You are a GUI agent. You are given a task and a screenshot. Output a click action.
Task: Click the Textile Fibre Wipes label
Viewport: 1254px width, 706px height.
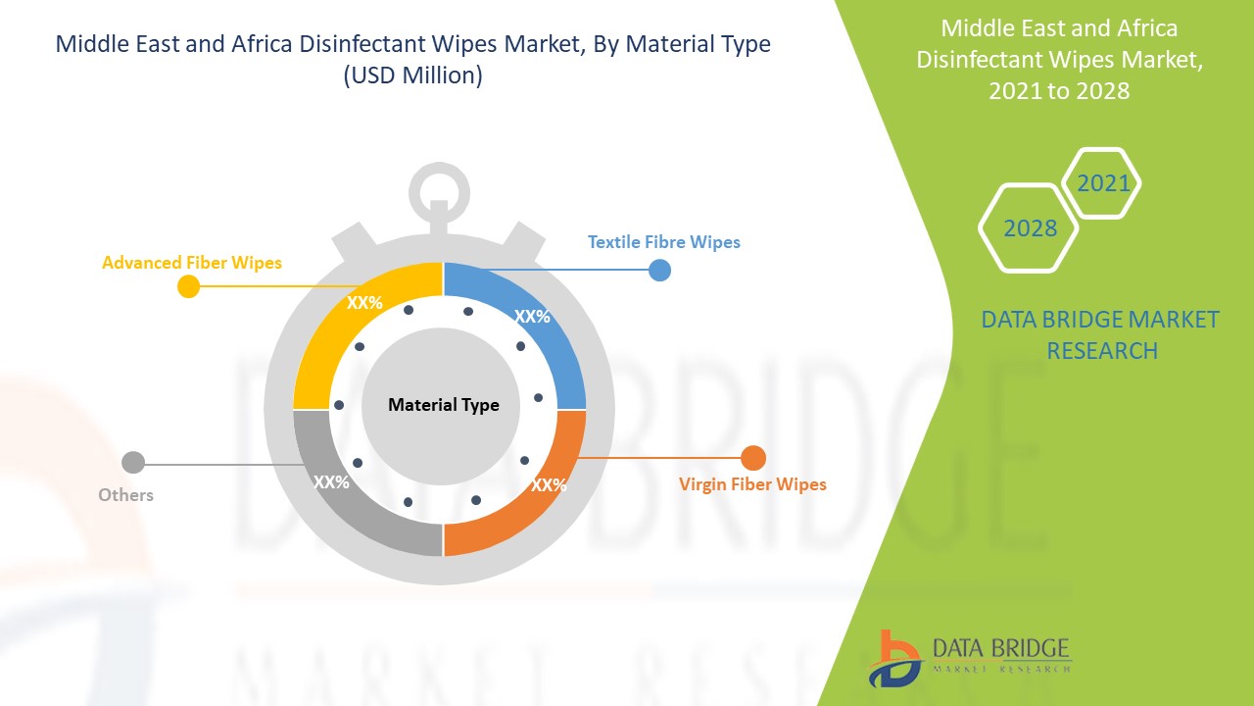[x=664, y=242]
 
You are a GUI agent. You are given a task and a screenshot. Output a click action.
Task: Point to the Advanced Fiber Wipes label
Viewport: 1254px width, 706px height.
[x=191, y=263]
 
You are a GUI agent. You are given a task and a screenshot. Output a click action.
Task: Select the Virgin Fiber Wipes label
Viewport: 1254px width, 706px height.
[x=752, y=484]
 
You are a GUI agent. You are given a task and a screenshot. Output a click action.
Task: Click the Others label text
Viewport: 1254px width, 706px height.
[x=126, y=495]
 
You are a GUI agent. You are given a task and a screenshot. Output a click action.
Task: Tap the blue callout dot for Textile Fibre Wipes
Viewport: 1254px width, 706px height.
[x=659, y=270]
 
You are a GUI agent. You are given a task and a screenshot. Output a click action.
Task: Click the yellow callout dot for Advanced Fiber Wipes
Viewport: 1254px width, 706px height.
[x=189, y=287]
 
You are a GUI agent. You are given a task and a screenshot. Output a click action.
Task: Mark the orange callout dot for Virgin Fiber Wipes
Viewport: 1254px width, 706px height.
[x=753, y=458]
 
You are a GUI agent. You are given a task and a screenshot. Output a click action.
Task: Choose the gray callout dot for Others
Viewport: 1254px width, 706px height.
[x=133, y=463]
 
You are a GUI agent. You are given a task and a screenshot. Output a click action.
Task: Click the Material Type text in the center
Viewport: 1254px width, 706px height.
[x=444, y=405]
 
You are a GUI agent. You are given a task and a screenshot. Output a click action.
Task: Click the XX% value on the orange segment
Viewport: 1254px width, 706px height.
[x=549, y=484]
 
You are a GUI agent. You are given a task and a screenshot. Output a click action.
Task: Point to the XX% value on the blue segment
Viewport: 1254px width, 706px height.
[x=532, y=317]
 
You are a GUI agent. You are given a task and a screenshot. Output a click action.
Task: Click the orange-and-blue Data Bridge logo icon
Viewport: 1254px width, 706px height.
[x=894, y=659]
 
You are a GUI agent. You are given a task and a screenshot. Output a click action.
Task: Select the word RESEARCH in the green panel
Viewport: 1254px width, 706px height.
[x=1102, y=351]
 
